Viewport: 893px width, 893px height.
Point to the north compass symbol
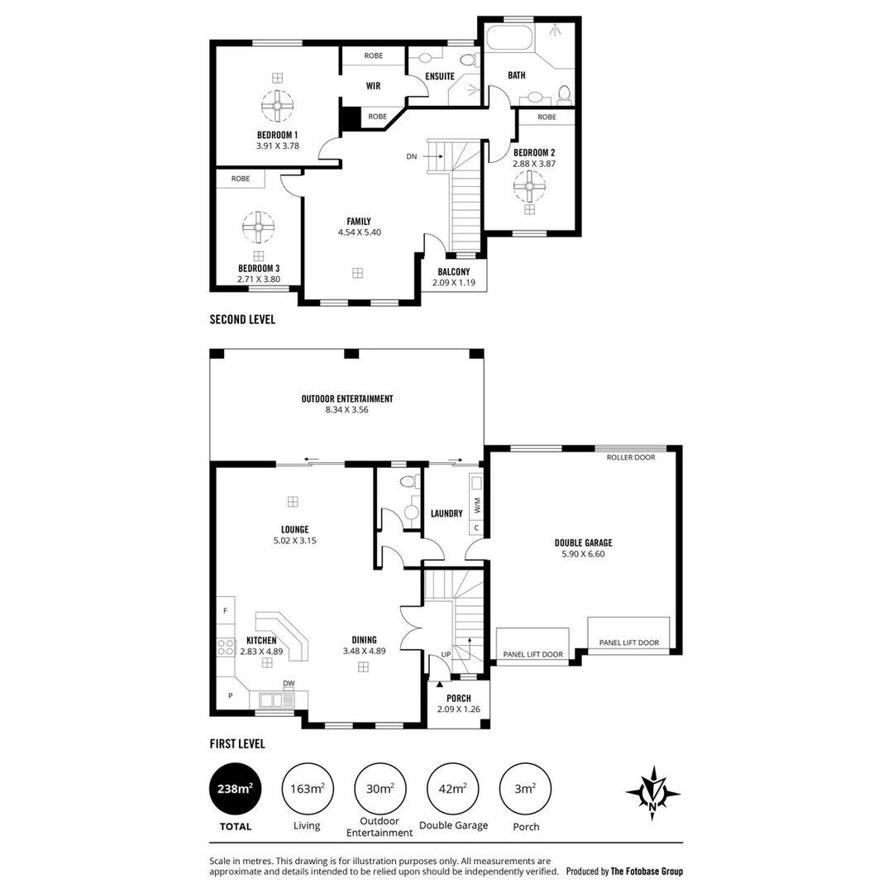coord(653,792)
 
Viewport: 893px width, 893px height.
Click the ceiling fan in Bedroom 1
coord(277,105)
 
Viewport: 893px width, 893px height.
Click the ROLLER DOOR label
coord(629,457)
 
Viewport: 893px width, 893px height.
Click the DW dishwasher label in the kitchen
coord(289,683)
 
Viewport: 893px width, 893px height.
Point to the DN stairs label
coord(412,155)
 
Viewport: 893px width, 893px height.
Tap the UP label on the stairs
coord(446,654)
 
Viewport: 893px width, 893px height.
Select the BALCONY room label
coord(453,272)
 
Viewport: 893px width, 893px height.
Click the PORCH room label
coord(458,699)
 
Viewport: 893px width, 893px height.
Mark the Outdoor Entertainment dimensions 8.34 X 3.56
coord(346,410)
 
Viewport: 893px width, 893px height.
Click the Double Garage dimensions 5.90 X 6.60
coord(583,554)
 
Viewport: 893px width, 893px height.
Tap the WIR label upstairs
coord(373,85)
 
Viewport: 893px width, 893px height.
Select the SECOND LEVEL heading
coord(242,319)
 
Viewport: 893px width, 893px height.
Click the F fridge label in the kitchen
coord(225,611)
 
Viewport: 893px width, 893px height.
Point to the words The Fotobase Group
coord(647,872)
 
